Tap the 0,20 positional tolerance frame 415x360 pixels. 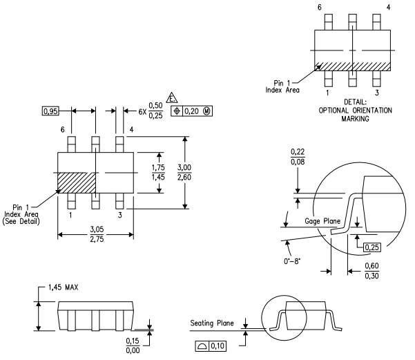(x=184, y=111)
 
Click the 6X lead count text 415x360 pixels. (x=142, y=111)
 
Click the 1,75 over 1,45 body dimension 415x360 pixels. (x=160, y=173)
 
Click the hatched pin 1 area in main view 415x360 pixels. (x=75, y=184)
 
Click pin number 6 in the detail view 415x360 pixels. (x=320, y=7)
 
